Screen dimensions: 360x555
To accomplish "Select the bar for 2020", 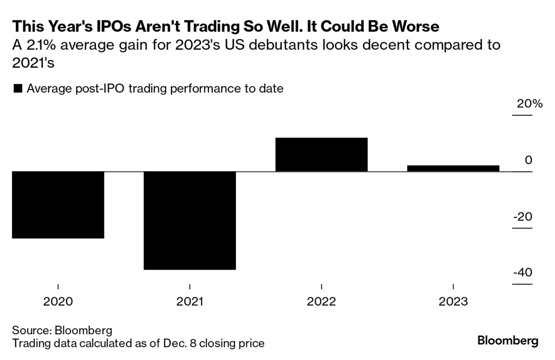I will coord(58,205).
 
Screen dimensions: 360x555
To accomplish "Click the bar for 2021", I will coord(190,220).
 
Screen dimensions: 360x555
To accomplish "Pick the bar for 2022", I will coord(321,155).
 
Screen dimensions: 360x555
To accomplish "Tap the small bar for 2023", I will coord(453,168).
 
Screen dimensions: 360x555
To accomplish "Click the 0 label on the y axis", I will coord(528,160).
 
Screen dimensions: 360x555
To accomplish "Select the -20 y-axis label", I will coord(522,217).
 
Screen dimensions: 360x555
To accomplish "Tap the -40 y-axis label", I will coord(522,273).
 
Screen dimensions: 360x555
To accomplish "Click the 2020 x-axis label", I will coord(58,301).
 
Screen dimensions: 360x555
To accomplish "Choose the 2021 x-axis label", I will coord(190,301).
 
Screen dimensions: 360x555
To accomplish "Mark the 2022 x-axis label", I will coord(321,301).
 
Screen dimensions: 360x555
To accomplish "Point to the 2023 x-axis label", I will coord(453,301).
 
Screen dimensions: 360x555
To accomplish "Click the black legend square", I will coord(18,89).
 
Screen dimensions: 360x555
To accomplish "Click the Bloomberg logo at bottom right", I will coord(508,341).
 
